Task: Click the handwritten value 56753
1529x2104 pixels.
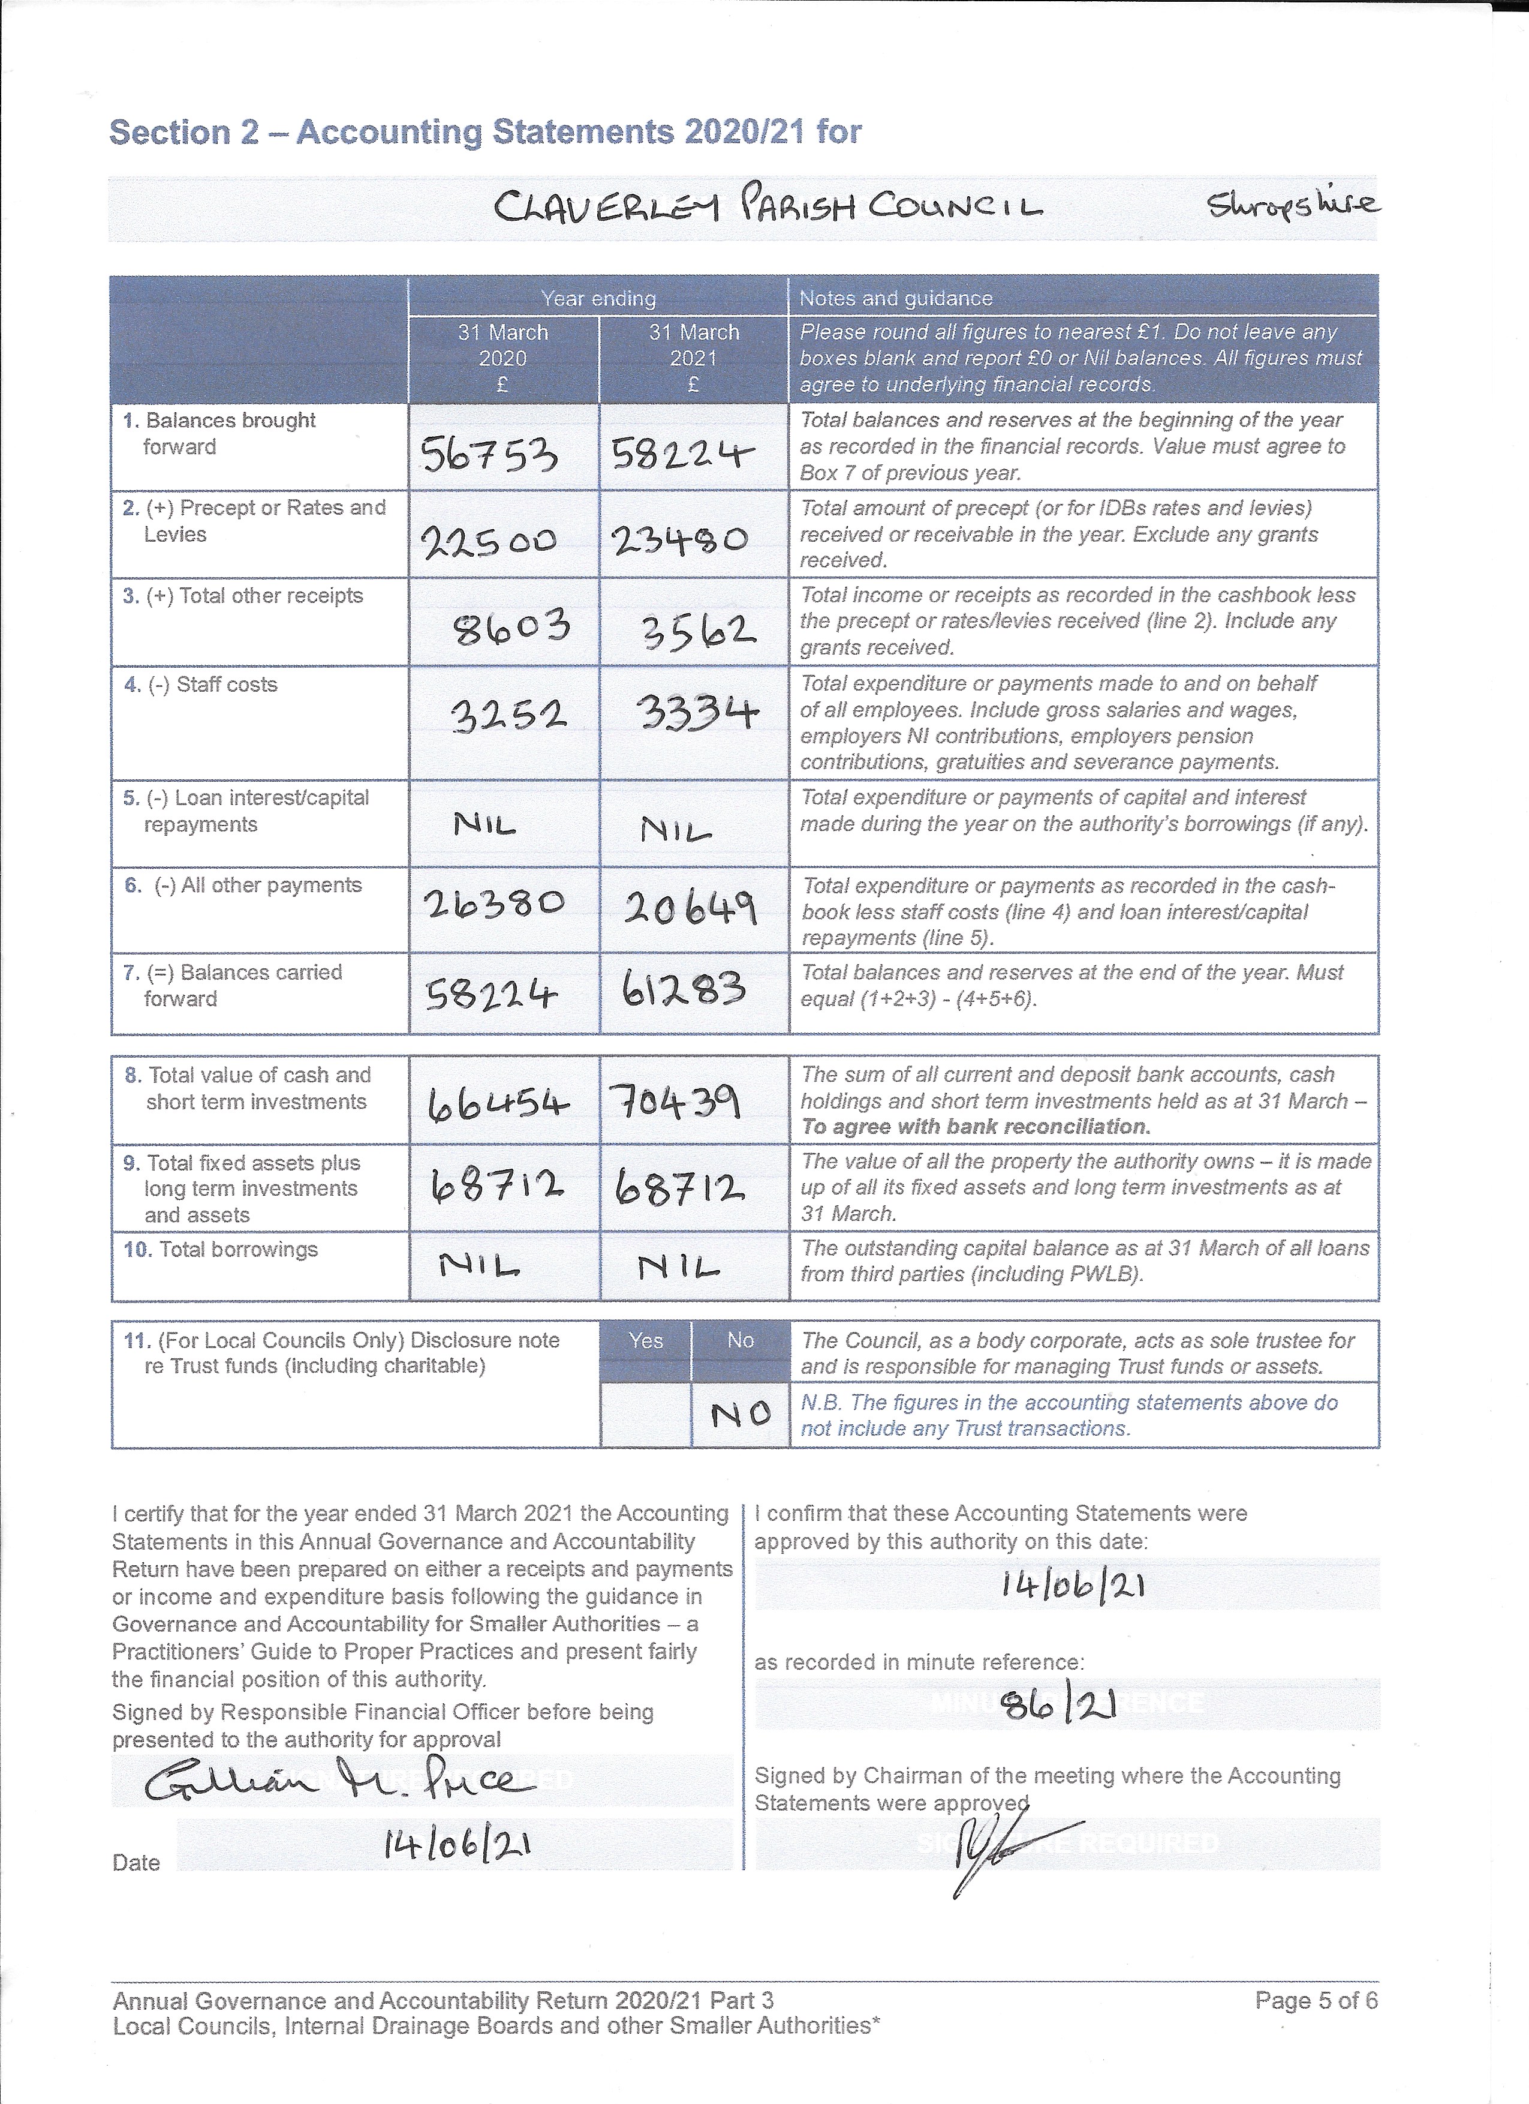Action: coord(489,455)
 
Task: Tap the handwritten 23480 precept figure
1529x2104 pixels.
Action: coord(680,541)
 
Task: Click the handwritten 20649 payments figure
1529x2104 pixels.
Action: coord(690,907)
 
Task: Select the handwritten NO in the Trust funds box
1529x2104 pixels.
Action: coord(741,1414)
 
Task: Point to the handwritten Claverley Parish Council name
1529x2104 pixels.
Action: coord(767,206)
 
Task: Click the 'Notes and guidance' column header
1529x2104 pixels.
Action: coord(896,299)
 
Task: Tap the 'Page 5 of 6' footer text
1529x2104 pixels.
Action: coord(1316,2000)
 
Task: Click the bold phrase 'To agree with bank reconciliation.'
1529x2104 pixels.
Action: coord(976,1127)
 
